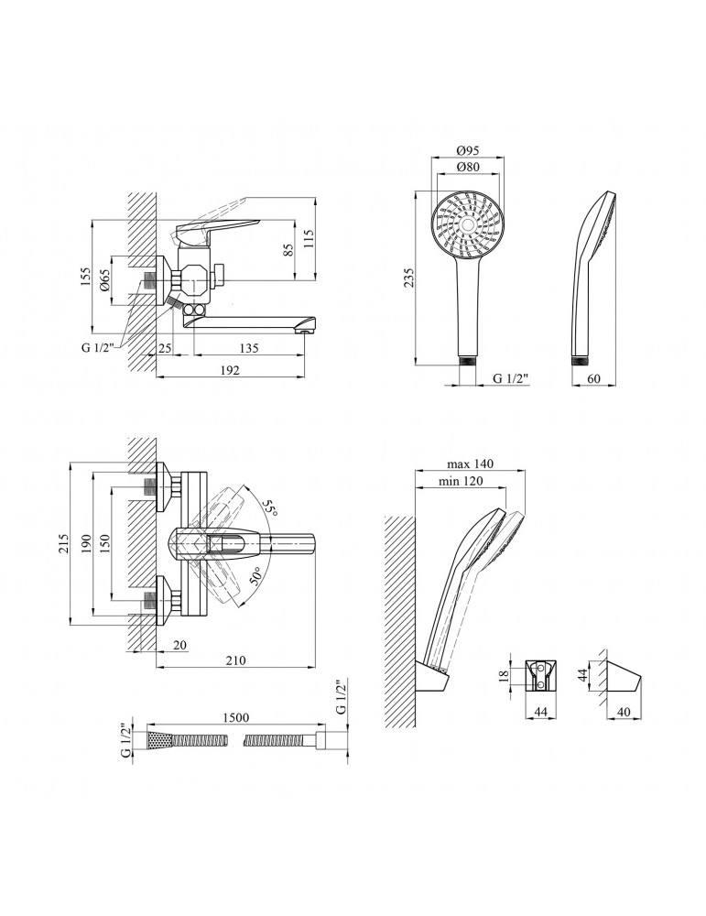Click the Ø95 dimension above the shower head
click(467, 151)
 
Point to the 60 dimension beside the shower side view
click(593, 377)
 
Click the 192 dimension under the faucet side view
click(229, 370)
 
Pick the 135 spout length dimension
click(248, 349)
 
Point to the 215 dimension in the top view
click(61, 546)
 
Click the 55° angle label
click(269, 507)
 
